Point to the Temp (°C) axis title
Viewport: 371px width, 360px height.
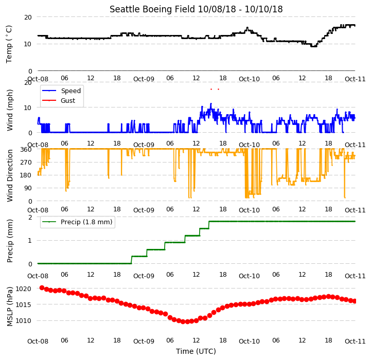tap(9, 44)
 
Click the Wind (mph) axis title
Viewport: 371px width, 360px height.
tap(9, 110)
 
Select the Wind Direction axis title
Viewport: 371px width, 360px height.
tap(9, 175)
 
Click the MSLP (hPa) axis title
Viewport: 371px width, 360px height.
tap(9, 307)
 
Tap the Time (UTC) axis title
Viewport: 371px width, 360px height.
tap(196, 351)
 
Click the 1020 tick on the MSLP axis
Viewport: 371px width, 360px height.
tap(23, 289)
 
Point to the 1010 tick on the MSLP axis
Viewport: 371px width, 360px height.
tap(23, 321)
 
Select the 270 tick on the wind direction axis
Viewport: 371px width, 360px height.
tap(26, 163)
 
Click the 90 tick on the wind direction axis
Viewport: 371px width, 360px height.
tap(28, 188)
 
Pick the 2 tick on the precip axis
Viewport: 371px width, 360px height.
tap(30, 217)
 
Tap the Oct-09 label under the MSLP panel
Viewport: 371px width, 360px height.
tap(144, 341)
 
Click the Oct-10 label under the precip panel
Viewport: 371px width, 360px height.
tap(249, 276)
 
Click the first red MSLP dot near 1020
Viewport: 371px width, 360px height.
tap(42, 287)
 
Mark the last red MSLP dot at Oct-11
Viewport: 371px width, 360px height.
tap(355, 301)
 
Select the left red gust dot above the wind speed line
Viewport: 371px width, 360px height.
tap(211, 89)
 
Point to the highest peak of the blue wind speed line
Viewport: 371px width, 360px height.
tap(211, 103)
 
